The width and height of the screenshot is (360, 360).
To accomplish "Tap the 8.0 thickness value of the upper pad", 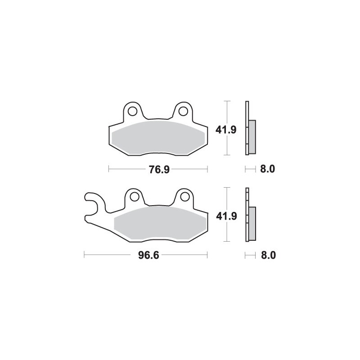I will (x=267, y=169).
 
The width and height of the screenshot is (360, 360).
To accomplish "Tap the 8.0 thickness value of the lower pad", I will (x=267, y=255).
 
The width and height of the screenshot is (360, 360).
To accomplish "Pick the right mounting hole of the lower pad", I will (x=183, y=196).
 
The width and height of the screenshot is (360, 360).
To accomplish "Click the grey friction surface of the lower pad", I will (x=160, y=223).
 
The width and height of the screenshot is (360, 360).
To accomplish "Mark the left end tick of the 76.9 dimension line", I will (x=109, y=169).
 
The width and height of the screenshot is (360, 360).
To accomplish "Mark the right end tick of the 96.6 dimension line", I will (x=207, y=255).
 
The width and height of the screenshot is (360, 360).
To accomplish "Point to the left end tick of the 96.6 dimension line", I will (x=84, y=255).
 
